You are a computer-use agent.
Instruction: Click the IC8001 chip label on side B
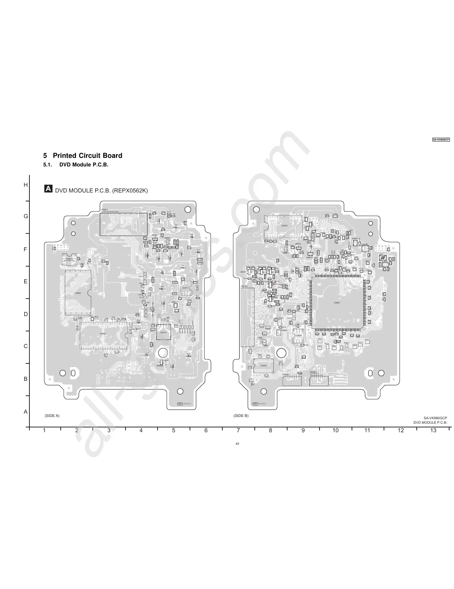point(337,303)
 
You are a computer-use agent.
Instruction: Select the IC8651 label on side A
point(78,293)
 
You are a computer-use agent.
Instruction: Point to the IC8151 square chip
point(163,332)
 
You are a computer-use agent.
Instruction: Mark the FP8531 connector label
point(104,210)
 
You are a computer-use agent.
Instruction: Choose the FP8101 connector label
point(244,286)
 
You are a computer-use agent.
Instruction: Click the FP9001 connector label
point(286,374)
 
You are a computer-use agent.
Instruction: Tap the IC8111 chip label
point(185,288)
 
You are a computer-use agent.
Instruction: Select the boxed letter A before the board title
point(48,189)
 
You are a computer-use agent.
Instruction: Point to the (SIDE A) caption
point(52,415)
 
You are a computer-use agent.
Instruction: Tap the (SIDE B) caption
point(241,415)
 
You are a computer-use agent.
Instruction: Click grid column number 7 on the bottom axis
point(238,430)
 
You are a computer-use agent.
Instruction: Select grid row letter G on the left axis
point(26,216)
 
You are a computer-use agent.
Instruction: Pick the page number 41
point(237,443)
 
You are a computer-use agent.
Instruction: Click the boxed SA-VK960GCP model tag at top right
point(441,139)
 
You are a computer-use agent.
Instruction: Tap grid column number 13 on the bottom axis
point(433,430)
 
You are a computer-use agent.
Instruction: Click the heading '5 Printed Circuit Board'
point(83,156)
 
